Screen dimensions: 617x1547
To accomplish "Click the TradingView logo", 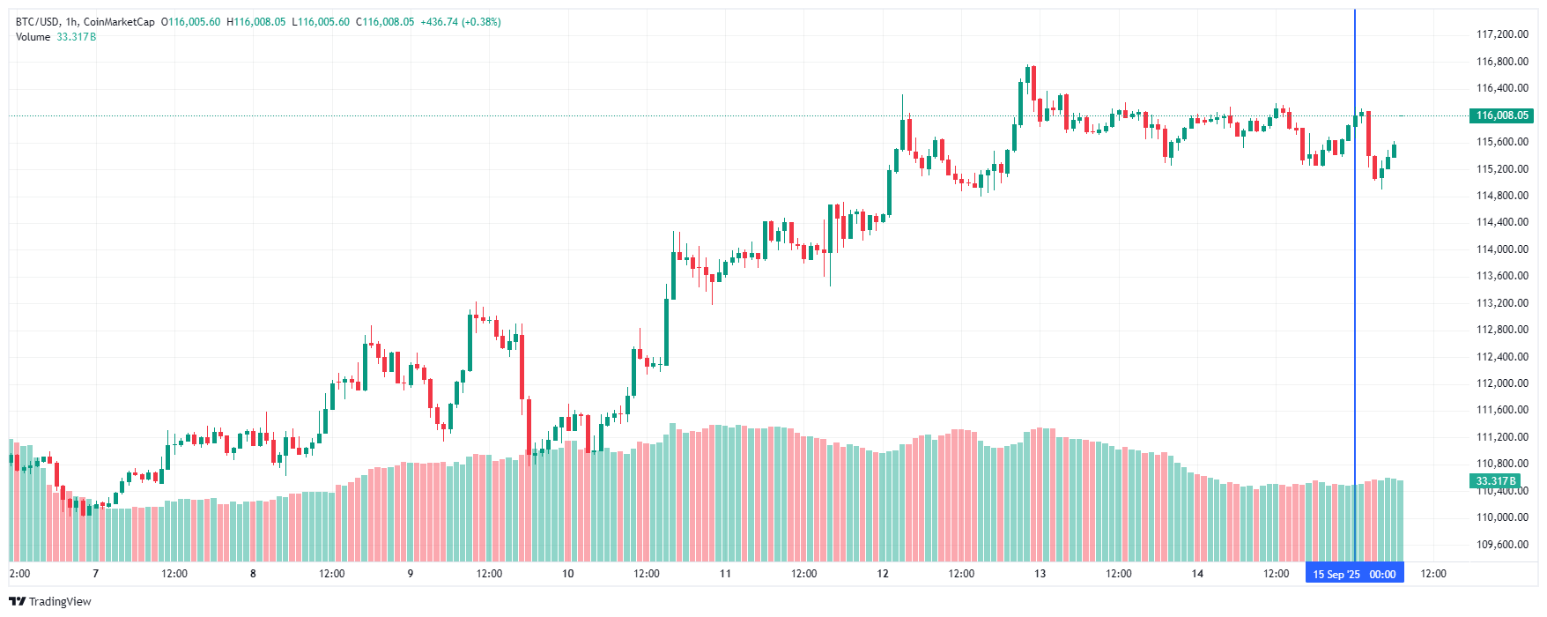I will pyautogui.click(x=50, y=601).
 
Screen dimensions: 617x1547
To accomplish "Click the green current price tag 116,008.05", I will pyautogui.click(x=1502, y=115).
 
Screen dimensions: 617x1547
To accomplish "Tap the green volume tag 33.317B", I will pyautogui.click(x=1495, y=481).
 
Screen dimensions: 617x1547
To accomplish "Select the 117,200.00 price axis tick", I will pyautogui.click(x=1502, y=34).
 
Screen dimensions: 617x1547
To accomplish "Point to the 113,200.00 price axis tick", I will pyautogui.click(x=1502, y=303).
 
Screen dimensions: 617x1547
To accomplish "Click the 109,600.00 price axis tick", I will pyautogui.click(x=1502, y=545).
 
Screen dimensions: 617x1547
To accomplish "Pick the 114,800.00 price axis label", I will pyautogui.click(x=1502, y=196).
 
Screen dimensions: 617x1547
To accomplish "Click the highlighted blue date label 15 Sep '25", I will pyautogui.click(x=1336, y=575).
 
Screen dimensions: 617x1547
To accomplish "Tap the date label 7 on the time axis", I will pyautogui.click(x=96, y=574).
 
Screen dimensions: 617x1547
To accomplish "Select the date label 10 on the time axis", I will pyautogui.click(x=568, y=574).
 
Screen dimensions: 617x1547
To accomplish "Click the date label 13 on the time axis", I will pyautogui.click(x=1040, y=574).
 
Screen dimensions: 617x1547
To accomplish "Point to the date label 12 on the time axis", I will pyautogui.click(x=883, y=574).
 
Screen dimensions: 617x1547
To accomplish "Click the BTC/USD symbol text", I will pyautogui.click(x=36, y=22).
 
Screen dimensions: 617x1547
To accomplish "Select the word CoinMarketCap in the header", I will pyautogui.click(x=119, y=22).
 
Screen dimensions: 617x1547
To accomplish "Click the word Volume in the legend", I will pyautogui.click(x=33, y=37).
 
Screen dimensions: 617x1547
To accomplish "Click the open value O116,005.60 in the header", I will pyautogui.click(x=191, y=22).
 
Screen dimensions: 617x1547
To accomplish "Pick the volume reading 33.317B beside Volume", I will pyautogui.click(x=77, y=37).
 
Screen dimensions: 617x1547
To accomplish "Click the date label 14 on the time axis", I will pyautogui.click(x=1197, y=574).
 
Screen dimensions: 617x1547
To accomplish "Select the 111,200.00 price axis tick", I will pyautogui.click(x=1502, y=437).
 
